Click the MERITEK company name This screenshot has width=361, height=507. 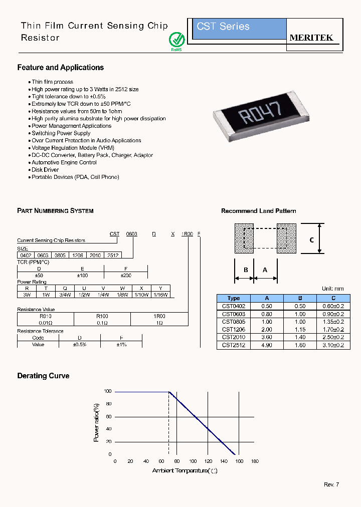click(x=311, y=38)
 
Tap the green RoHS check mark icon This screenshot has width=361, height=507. click(x=176, y=39)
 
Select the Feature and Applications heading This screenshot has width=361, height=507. click(x=60, y=68)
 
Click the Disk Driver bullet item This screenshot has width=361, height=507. click(x=45, y=170)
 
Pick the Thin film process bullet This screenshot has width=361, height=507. click(x=52, y=82)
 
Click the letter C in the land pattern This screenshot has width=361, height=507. click(x=311, y=240)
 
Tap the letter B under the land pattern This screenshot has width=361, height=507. click(x=246, y=270)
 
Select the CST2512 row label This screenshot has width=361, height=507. click(x=234, y=345)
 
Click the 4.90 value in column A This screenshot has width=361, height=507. click(x=267, y=345)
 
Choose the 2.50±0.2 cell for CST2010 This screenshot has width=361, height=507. click(x=333, y=337)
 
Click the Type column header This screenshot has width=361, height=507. click(x=234, y=298)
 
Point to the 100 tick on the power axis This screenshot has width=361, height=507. click(x=108, y=391)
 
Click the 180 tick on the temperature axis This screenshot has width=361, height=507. click(x=254, y=461)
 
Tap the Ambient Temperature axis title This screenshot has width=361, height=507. click(x=185, y=470)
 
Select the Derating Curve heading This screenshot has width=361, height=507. click(x=43, y=376)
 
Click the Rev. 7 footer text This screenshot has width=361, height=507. click(x=331, y=484)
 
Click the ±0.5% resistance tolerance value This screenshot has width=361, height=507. click(x=80, y=344)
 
